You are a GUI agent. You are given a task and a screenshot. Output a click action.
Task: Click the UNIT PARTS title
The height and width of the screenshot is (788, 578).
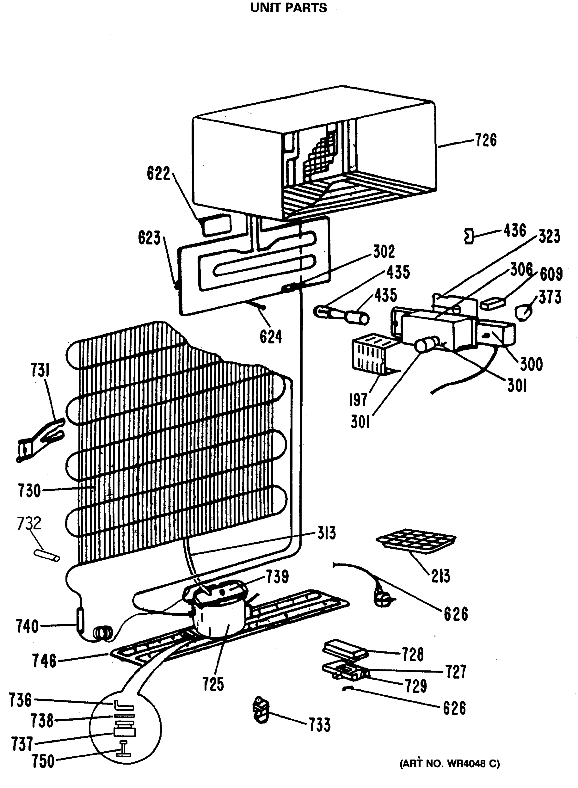pos(288,8)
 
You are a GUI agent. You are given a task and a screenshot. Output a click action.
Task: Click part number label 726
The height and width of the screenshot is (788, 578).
pos(485,140)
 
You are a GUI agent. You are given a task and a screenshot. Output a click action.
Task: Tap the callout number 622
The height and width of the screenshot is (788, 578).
pos(158,174)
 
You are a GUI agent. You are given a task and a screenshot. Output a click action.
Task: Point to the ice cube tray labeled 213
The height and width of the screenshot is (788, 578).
pos(416,540)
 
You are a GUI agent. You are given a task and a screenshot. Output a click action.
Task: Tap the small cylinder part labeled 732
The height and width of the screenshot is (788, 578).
pos(47,556)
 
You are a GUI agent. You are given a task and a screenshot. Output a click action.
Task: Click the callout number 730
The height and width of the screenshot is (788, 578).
pos(30,491)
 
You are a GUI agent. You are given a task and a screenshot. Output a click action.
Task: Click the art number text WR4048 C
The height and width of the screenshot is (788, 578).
pos(450,764)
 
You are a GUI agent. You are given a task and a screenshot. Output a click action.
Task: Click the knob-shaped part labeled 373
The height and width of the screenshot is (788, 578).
pos(524,311)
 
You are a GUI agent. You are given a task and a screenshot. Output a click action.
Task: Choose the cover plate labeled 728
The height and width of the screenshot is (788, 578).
pos(345,649)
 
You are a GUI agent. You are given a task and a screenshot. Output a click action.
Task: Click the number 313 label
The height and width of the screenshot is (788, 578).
pos(326,534)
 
